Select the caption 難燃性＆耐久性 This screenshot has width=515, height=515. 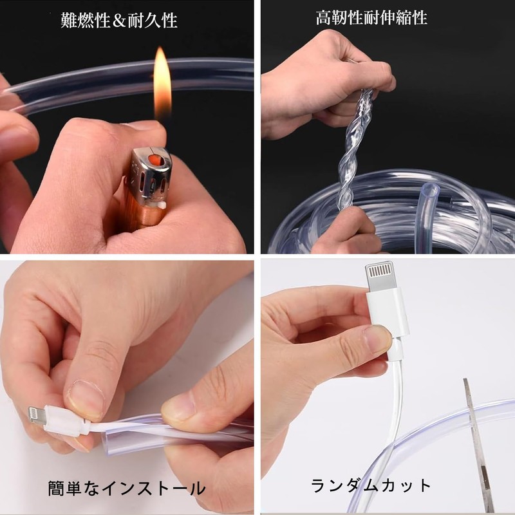(119, 21)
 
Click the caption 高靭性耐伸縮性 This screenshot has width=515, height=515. (371, 18)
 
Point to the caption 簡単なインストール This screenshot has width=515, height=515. (127, 488)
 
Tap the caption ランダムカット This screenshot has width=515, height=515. (371, 485)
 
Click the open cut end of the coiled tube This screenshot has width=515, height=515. (430, 190)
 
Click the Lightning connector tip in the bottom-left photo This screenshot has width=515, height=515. (37, 415)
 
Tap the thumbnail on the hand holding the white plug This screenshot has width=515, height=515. (378, 339)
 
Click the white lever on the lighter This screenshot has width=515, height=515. (162, 205)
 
